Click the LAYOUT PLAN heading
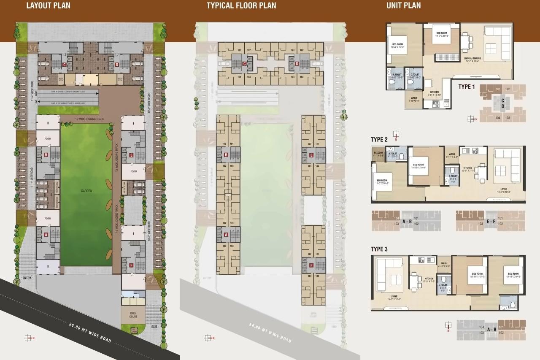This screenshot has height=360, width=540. tap(48, 6)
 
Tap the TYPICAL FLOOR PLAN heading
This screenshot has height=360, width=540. tap(241, 6)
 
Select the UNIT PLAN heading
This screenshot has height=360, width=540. tap(404, 6)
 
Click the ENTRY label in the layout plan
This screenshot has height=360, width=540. tap(27, 278)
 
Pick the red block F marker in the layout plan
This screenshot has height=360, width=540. tap(132, 265)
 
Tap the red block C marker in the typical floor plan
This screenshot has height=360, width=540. tap(245, 64)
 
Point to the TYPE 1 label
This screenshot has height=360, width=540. tap(467, 87)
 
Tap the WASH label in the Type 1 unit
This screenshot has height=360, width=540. tap(413, 98)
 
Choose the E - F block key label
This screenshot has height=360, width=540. tap(491, 221)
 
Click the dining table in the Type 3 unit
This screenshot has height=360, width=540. tap(415, 280)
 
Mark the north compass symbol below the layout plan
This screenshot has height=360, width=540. tap(28, 338)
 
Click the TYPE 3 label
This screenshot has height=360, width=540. tap(379, 249)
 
